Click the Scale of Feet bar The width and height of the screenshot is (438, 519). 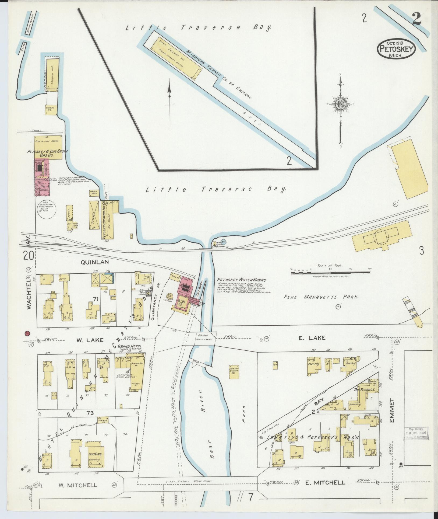point(330,273)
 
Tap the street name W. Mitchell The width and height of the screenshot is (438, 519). point(77,485)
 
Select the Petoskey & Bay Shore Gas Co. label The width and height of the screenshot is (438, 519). point(47,153)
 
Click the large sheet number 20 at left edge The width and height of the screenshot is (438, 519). point(29,255)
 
